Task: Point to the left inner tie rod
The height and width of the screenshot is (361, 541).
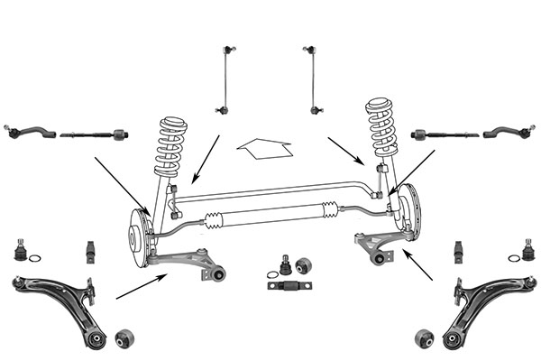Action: click(x=95, y=135)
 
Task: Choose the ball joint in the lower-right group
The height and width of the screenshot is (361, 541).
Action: click(x=527, y=245)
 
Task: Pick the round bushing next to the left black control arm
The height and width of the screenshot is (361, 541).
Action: click(x=125, y=338)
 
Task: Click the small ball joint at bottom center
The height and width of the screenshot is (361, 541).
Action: click(x=286, y=265)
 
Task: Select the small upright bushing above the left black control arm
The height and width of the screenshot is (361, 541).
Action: click(x=91, y=249)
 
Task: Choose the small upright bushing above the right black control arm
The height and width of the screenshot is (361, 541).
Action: click(x=459, y=249)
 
